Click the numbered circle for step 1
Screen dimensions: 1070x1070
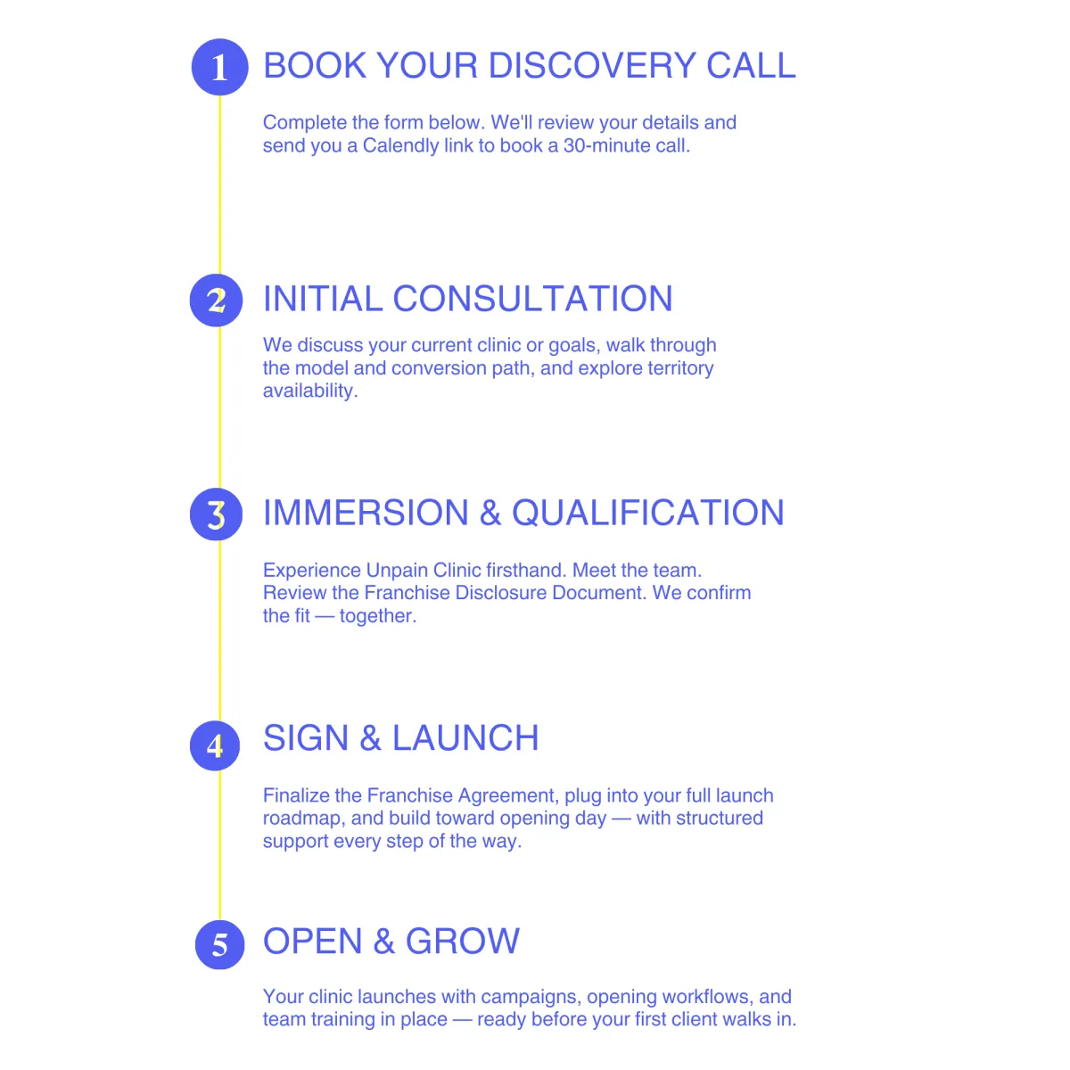[219, 67]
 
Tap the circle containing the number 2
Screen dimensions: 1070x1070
[217, 300]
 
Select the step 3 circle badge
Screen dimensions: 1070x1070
[217, 514]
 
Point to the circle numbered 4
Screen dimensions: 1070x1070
[216, 745]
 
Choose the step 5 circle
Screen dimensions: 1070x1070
[219, 944]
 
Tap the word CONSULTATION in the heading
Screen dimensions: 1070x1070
[532, 299]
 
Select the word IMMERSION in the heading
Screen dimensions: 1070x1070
[366, 513]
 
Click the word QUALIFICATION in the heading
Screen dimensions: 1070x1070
[647, 513]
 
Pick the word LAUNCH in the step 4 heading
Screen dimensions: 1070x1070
[465, 738]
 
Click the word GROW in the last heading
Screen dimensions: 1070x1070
[462, 942]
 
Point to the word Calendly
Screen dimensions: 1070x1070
[400, 145]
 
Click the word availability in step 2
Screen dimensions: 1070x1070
[309, 391]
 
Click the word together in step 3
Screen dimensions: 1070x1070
[377, 616]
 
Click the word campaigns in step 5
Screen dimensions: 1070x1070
[531, 997]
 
